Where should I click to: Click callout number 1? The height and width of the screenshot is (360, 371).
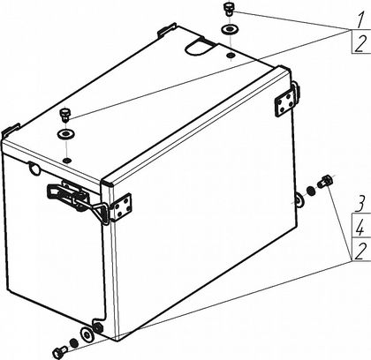tap(359, 20)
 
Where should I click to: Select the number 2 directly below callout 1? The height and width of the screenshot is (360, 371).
tap(360, 44)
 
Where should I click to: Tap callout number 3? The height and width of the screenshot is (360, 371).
tap(360, 203)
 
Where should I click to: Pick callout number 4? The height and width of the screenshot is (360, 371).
tap(360, 227)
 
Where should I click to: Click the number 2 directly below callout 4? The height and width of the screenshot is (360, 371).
tap(360, 251)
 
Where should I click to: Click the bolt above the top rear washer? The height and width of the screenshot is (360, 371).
tap(229, 9)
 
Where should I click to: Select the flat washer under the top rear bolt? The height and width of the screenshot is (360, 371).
tap(230, 29)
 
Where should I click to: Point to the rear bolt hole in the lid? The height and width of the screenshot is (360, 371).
tap(231, 55)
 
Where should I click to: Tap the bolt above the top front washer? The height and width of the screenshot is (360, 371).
tap(64, 115)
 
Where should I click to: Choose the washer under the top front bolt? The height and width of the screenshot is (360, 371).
tap(65, 134)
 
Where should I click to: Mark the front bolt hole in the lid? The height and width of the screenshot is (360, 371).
tap(67, 161)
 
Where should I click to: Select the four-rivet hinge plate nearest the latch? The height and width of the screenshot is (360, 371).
tap(121, 207)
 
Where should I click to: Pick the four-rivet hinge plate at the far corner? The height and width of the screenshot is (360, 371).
tap(284, 102)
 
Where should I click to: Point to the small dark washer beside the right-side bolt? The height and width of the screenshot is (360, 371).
tap(311, 191)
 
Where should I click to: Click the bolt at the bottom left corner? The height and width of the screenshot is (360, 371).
tap(60, 351)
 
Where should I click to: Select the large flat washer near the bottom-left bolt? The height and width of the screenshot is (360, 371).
tap(87, 334)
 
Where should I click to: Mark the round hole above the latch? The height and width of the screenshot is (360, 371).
tap(34, 169)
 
